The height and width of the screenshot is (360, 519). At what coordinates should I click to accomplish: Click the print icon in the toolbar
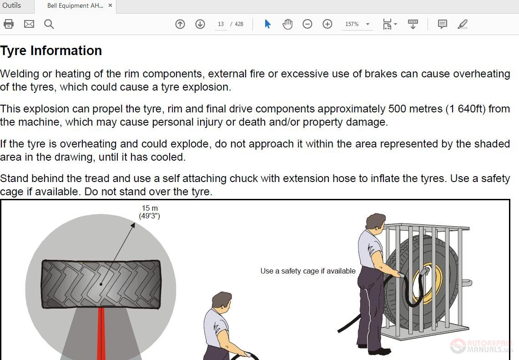point(9,24)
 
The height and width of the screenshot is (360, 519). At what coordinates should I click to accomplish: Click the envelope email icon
point(29,24)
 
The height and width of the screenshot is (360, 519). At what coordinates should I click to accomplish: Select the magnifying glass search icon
point(49,24)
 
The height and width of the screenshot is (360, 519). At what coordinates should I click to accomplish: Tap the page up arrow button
point(180,24)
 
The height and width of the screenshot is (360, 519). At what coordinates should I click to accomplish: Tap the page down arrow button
point(200,24)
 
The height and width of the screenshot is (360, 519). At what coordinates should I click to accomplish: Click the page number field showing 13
point(221,24)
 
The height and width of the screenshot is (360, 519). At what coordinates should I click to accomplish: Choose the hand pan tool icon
point(287,24)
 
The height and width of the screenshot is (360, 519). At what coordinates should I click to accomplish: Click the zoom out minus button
point(307,24)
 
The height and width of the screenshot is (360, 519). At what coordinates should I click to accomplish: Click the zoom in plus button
point(328,24)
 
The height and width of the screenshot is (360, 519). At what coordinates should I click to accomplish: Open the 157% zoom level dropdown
point(357,24)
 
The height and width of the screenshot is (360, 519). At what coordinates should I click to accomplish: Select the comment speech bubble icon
point(442,24)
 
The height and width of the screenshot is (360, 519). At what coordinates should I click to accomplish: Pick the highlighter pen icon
point(463,24)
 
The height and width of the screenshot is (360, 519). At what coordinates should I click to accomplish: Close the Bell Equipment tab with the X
point(110,5)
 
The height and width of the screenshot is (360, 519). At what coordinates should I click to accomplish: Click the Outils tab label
point(11,5)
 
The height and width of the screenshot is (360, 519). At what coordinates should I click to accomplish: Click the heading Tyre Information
point(51,51)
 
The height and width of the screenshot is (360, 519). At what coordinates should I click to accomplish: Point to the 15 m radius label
point(150,212)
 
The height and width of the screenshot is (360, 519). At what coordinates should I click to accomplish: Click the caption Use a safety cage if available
point(308,271)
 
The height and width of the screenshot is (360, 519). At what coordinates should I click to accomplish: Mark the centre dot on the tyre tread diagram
point(101,284)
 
